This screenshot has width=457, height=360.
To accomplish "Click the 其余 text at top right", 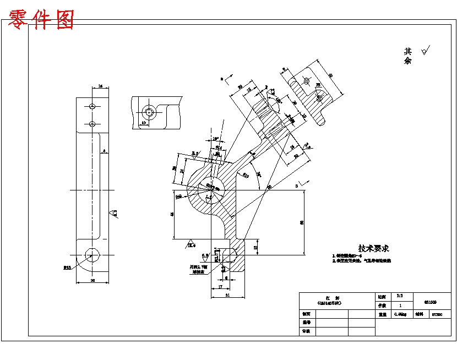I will [x=408, y=56].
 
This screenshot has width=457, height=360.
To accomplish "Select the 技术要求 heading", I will [x=373, y=249].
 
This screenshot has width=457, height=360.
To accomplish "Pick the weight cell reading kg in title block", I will [x=400, y=315].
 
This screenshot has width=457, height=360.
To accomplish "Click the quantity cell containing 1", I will [x=399, y=306].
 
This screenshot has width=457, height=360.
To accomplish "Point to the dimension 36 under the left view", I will [x=92, y=280].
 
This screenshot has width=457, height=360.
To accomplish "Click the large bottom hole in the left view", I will [x=92, y=254].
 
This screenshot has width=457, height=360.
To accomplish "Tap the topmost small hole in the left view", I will [x=93, y=106].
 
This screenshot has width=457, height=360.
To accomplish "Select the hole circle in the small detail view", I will [x=150, y=112].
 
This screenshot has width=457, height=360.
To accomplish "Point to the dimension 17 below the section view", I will [x=220, y=287].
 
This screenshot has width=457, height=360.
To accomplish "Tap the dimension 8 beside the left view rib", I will [x=104, y=150].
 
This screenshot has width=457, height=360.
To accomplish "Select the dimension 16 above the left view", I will [x=100, y=86].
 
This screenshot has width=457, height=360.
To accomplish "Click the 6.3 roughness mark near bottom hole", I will [x=205, y=255].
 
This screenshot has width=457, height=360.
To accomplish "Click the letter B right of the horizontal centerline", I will [x=296, y=187].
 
